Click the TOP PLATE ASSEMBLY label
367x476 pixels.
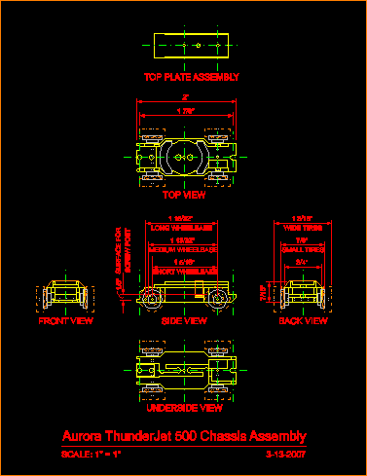tap(192, 76)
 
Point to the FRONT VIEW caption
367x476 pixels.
tap(65, 319)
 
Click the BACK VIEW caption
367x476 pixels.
tap(304, 319)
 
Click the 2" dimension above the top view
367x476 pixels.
tap(185, 98)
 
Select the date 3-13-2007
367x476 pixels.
tap(286, 454)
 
